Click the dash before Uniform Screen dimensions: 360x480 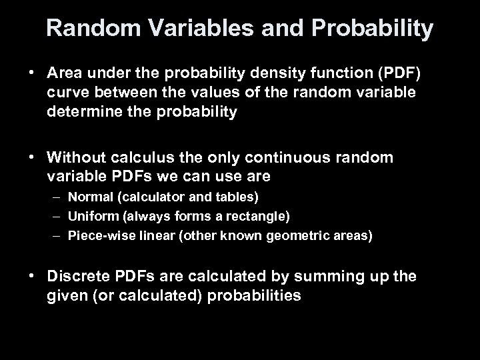(x=57, y=217)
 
